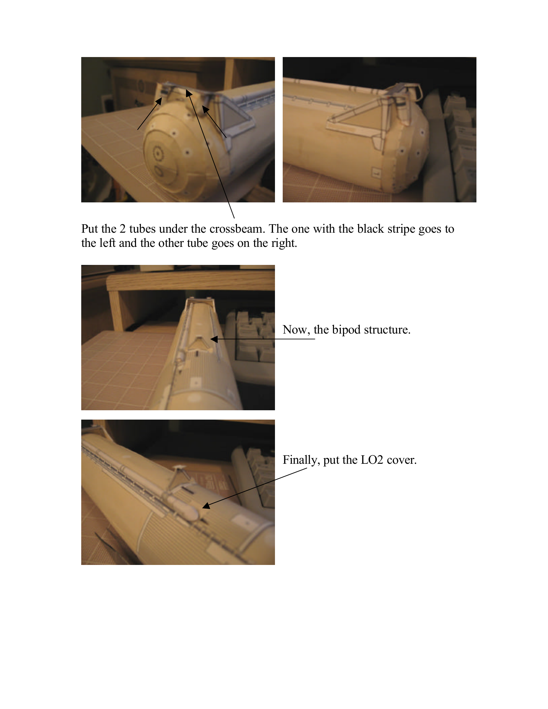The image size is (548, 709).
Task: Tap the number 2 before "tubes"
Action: point(122,229)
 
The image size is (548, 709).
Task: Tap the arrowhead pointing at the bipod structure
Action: point(214,339)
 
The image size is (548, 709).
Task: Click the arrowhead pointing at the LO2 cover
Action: point(206,506)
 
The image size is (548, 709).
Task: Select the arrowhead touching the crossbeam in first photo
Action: point(189,93)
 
